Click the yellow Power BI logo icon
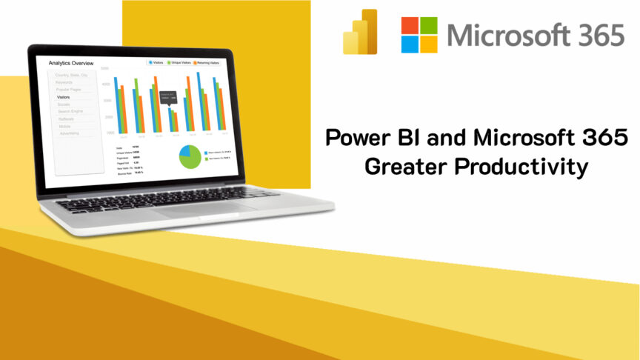(x=360, y=33)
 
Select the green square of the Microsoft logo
(x=430, y=24)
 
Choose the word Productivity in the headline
(x=521, y=167)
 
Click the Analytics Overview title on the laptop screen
(x=71, y=63)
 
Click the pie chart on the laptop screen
(x=190, y=156)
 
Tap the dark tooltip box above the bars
(x=168, y=95)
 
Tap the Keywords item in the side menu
(x=64, y=82)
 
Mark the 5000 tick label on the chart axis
(x=106, y=68)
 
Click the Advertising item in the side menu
(x=69, y=133)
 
